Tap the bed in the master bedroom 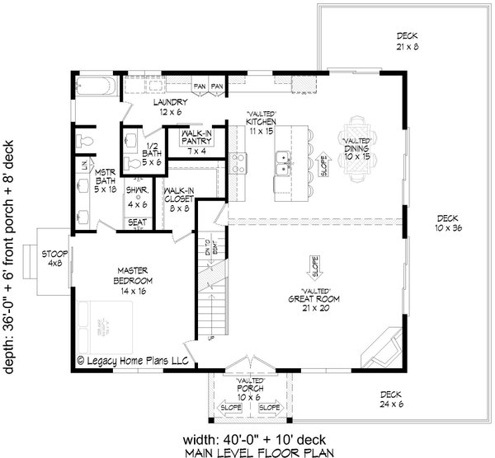[103, 326]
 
